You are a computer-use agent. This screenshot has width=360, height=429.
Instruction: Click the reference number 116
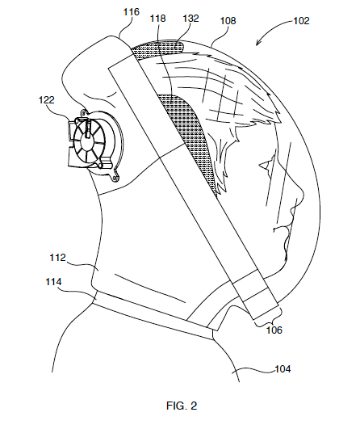132,12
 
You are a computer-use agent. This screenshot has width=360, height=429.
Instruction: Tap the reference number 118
157,19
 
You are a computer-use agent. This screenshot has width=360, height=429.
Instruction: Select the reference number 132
190,19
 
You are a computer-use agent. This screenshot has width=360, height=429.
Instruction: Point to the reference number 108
228,21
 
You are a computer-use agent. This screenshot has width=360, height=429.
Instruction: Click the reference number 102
301,21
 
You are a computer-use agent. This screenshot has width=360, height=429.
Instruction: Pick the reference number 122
47,100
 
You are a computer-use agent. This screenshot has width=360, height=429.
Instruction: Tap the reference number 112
57,258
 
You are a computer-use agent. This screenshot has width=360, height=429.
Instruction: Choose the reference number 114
53,282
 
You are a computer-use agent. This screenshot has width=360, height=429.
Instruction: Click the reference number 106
274,330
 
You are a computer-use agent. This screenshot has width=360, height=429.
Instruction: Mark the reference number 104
283,369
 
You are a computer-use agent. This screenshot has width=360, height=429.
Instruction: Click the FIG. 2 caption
182,406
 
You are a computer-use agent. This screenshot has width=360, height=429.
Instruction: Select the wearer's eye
266,165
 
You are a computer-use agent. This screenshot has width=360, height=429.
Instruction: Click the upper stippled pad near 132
157,48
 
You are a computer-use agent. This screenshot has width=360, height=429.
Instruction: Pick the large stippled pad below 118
190,137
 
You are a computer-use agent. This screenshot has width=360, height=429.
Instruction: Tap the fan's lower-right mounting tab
116,177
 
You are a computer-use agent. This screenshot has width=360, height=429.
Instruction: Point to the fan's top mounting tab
83,113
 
